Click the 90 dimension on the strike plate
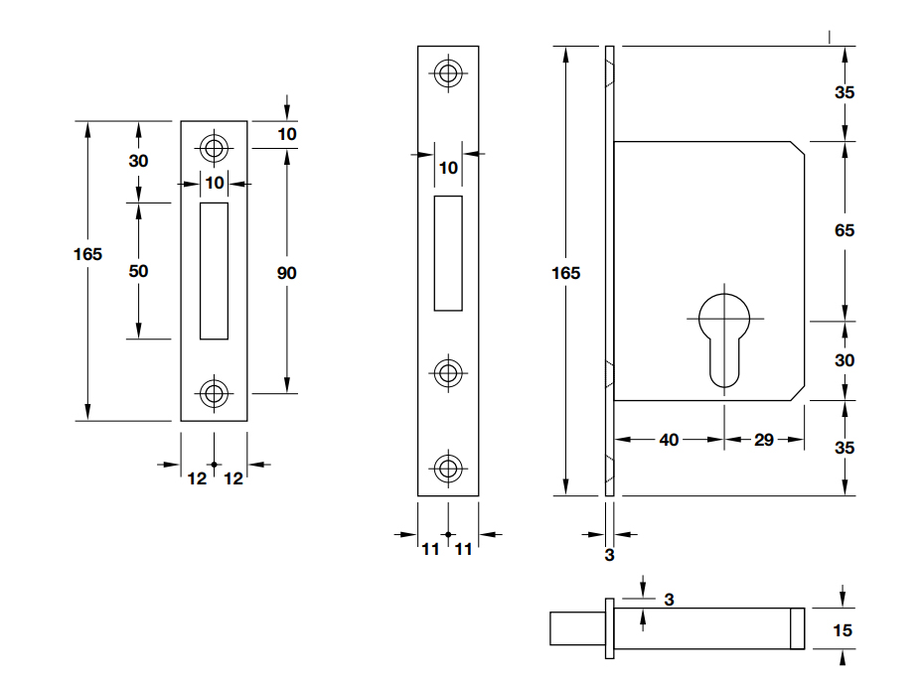pos(286,273)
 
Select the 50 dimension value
pos(138,271)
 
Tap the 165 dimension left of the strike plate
pos(87,254)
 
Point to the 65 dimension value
pos(845,230)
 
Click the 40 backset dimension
pos(669,439)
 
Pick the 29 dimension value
pos(763,439)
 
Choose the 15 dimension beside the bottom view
pos(844,630)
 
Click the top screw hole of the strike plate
pos(213,148)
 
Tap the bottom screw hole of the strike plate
pos(213,393)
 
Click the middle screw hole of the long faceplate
pos(448,372)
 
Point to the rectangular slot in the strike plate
pos(213,270)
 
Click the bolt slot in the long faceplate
pos(448,252)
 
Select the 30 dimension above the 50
pos(138,161)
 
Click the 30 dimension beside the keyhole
pos(845,360)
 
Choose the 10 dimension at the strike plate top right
pos(286,134)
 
